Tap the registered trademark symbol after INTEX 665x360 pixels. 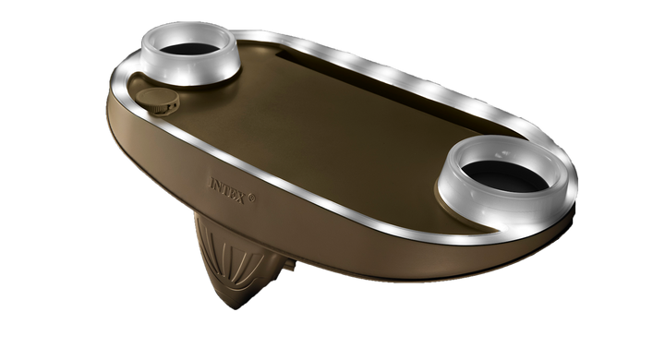click(251, 198)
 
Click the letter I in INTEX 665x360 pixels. click(212, 183)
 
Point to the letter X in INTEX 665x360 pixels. click(240, 198)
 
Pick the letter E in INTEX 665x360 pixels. click(232, 193)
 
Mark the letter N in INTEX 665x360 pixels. click(218, 186)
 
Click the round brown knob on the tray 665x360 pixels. click(157, 101)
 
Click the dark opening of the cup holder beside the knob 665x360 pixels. click(189, 48)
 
